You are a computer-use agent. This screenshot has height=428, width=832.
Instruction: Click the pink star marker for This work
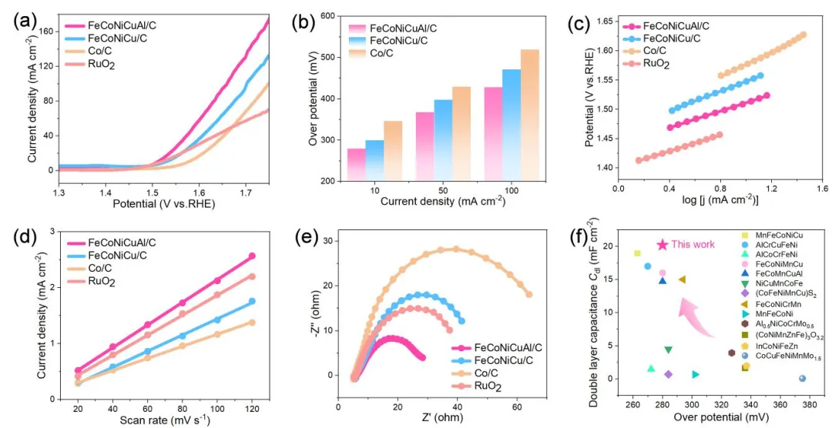[662, 245]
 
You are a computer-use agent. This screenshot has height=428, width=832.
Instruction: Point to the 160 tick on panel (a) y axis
[47, 32]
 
